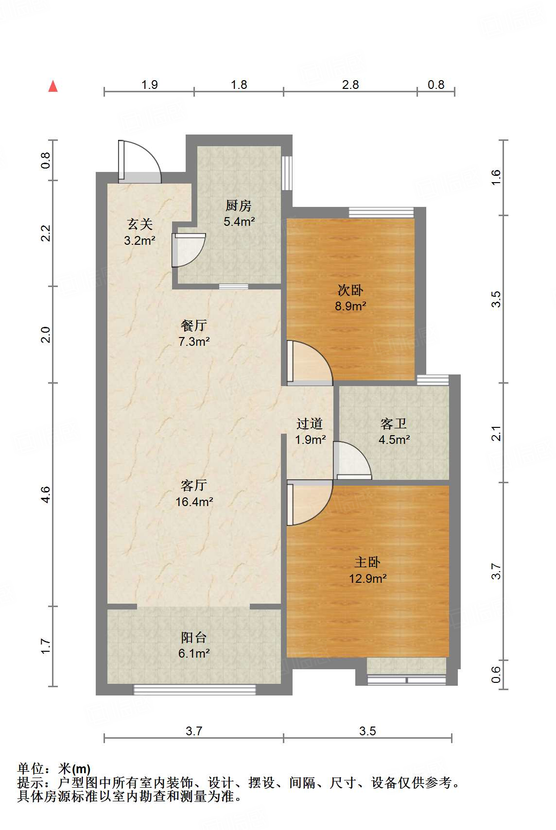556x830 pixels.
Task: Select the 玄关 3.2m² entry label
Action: click(x=139, y=232)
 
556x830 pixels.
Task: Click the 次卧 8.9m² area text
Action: click(x=350, y=298)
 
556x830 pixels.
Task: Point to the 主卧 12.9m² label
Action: click(x=367, y=570)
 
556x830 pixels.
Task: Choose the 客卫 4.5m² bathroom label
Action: click(x=394, y=432)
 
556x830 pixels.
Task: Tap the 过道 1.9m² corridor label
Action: click(x=310, y=432)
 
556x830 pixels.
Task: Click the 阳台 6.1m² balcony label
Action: click(x=193, y=645)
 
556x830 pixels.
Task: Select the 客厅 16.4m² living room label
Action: click(x=194, y=493)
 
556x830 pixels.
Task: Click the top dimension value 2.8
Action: click(x=350, y=85)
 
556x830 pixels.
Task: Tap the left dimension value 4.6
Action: click(x=45, y=495)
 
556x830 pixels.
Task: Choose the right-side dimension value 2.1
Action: click(x=496, y=434)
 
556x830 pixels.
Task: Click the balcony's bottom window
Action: click(x=194, y=690)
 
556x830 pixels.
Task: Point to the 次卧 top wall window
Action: click(x=382, y=212)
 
